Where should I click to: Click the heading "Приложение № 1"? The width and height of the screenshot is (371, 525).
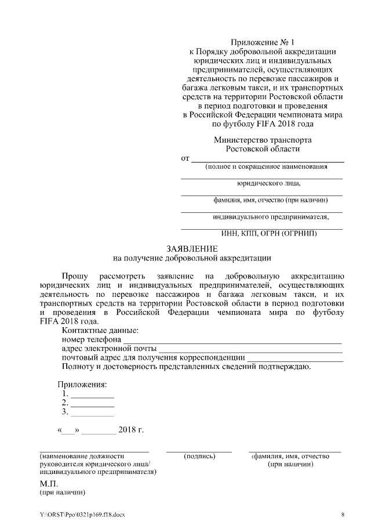pyautogui.click(x=263, y=42)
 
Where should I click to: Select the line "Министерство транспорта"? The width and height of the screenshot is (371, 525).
pyautogui.click(x=263, y=140)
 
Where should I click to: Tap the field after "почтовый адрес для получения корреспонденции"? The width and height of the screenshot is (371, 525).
pyautogui.click(x=295, y=359)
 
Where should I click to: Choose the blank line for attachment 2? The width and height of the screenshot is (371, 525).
pyautogui.click(x=92, y=404)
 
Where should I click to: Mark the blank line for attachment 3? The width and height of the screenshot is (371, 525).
pyautogui.click(x=92, y=414)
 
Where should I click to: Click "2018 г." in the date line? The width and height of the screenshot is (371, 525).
pyautogui.click(x=130, y=430)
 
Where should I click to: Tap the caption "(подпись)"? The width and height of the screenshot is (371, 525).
pyautogui.click(x=199, y=457)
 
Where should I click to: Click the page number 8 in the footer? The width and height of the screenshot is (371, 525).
pyautogui.click(x=343, y=515)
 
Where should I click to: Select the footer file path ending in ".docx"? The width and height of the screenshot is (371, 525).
pyautogui.click(x=82, y=515)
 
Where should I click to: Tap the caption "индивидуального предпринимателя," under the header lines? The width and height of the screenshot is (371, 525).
pyautogui.click(x=270, y=218)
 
